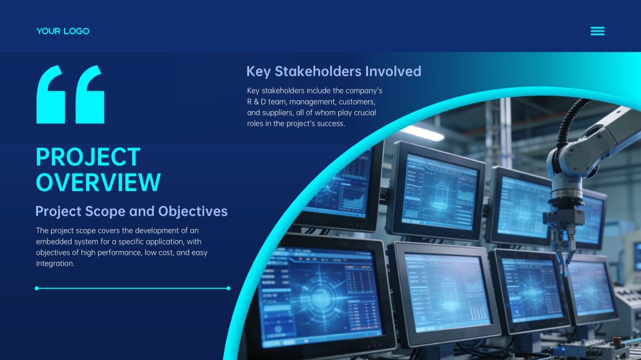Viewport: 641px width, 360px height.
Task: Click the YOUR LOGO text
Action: pos(63,31)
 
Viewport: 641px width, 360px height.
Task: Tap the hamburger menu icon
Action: pos(597,31)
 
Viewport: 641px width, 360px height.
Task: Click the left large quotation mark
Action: pos(51,94)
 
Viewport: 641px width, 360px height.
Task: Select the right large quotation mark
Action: pos(90,94)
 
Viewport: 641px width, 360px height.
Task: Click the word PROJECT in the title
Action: pos(88,157)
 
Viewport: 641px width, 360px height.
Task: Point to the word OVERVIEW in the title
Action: pos(98,182)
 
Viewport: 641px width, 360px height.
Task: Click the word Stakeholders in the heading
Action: pos(318,71)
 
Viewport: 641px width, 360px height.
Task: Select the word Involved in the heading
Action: pos(393,71)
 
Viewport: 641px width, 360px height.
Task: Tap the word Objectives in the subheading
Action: pos(193,211)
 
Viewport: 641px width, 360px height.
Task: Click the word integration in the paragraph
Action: pos(55,264)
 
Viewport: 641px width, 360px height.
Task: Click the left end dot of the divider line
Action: pos(37,288)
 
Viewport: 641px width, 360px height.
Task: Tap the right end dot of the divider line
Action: pos(229,288)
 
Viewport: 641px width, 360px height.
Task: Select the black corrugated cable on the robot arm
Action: pos(567,123)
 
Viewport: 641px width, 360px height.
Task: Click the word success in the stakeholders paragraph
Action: pos(331,124)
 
